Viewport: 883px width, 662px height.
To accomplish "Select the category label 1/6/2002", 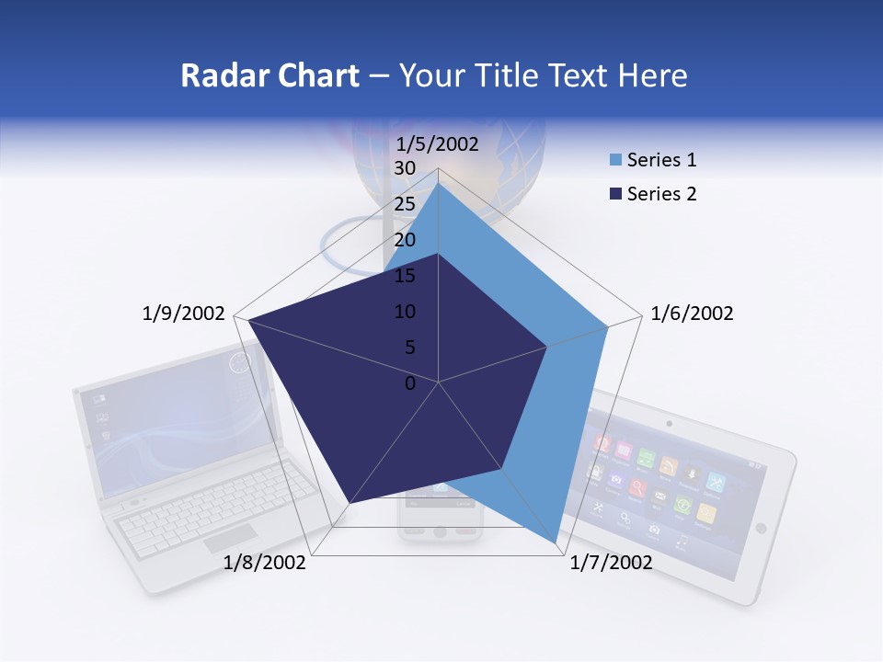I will (692, 314).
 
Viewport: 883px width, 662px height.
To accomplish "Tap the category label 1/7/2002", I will (612, 563).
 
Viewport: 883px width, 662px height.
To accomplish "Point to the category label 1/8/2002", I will (265, 563).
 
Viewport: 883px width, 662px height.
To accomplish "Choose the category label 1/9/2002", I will (183, 314).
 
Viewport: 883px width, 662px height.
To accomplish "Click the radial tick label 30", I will (405, 168).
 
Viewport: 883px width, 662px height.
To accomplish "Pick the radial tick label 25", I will (405, 204).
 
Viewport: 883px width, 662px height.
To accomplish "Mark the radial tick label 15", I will (405, 276).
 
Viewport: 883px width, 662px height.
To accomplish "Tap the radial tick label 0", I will (410, 383).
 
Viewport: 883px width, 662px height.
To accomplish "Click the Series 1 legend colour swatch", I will (615, 161).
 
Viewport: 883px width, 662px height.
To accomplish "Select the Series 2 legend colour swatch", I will (615, 194).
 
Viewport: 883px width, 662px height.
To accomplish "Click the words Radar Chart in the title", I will (269, 75).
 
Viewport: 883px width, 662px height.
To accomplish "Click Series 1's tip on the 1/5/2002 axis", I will (438, 183).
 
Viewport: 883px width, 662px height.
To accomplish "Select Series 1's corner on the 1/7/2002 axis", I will (556, 542).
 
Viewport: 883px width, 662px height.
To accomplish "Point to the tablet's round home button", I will (761, 528).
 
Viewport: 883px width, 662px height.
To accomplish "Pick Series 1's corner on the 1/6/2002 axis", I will (608, 325).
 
